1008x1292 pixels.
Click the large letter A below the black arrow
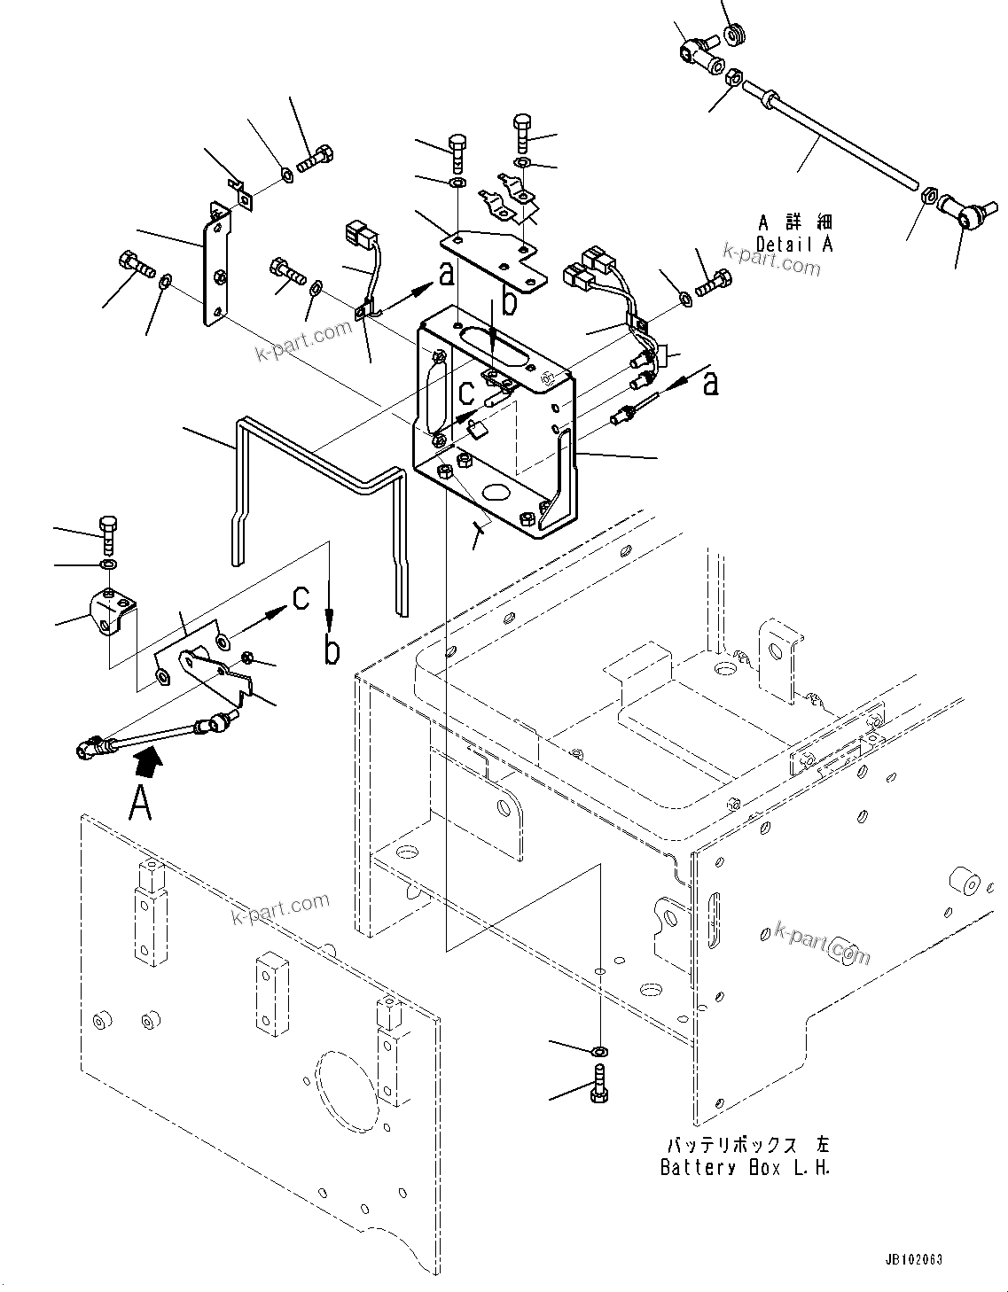tap(140, 804)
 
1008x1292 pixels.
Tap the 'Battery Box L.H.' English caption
tap(745, 1167)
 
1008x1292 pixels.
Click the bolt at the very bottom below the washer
tap(599, 1086)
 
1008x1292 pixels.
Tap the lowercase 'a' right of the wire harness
tap(709, 384)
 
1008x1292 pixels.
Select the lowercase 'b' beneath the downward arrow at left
tap(331, 651)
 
